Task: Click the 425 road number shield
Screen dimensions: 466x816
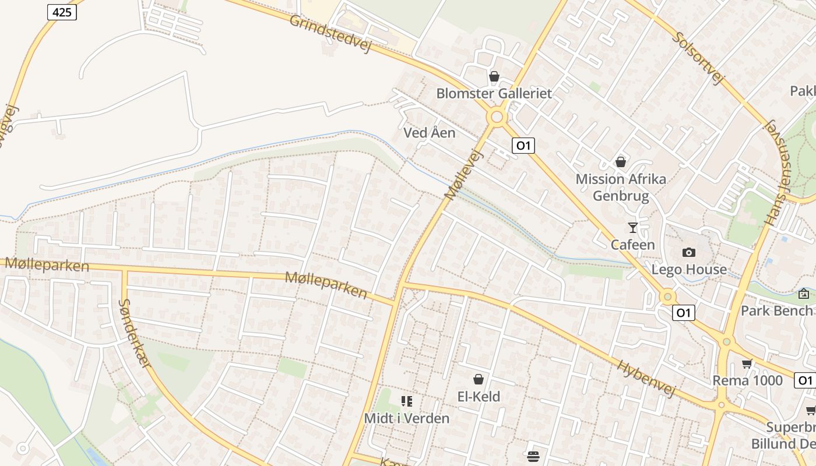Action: (62, 12)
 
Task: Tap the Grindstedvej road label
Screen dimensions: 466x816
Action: (330, 33)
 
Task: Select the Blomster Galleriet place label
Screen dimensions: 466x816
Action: (494, 93)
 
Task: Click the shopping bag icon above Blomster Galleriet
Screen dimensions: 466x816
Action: (494, 76)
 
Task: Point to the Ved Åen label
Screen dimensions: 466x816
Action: (430, 133)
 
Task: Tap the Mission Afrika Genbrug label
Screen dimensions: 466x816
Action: (621, 187)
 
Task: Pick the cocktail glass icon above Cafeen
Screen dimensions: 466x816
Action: (632, 227)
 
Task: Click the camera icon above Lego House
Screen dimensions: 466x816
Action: (689, 252)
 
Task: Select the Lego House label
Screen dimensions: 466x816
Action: (689, 269)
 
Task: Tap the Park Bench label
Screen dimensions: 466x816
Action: (776, 310)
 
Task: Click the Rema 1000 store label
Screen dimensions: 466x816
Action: (748, 380)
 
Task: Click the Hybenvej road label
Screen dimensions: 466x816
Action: (646, 379)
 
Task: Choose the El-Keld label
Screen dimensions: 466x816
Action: (479, 397)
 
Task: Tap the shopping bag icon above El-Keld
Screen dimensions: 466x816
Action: (479, 380)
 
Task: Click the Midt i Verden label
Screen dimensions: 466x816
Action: (407, 418)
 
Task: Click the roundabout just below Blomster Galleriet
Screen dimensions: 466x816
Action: (497, 117)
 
